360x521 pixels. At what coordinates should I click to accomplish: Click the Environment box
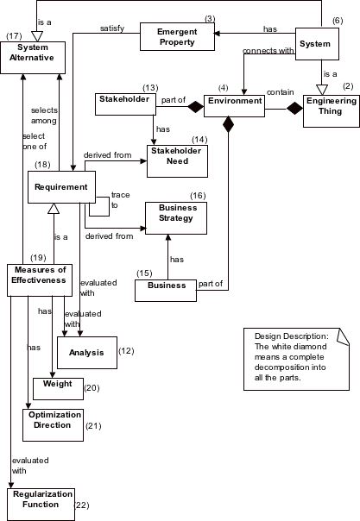233,102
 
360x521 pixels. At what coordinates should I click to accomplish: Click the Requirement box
60,186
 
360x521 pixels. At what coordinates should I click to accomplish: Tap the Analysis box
86,352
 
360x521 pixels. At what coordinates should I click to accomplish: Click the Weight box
57,387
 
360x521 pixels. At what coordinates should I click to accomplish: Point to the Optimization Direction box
52,421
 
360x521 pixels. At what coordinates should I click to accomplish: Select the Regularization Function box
41,499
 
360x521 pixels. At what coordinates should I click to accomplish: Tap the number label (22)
83,505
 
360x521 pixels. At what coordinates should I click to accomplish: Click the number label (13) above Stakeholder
150,87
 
